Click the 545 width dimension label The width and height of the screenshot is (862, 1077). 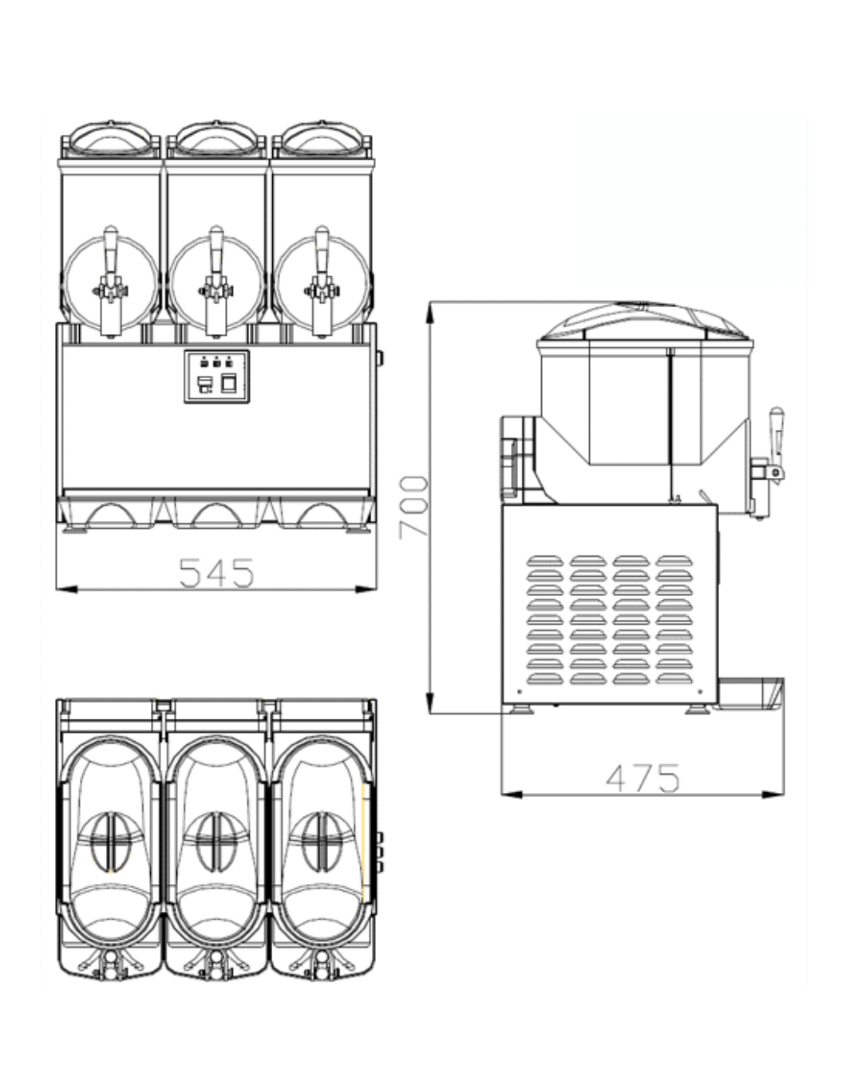(216, 573)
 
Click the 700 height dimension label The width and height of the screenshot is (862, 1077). (413, 507)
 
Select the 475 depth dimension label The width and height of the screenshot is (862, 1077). (643, 778)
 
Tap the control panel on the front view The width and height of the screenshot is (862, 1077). (216, 377)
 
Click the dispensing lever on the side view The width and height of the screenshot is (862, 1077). (777, 436)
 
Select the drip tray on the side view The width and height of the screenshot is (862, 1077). (749, 693)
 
